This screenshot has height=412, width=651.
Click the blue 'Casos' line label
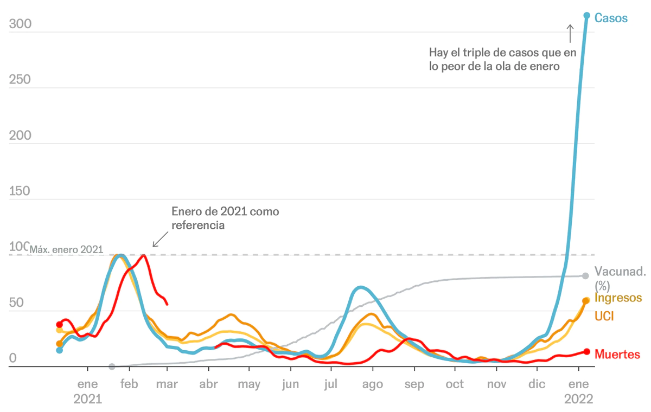(x=611, y=18)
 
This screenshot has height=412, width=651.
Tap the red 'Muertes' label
(x=617, y=355)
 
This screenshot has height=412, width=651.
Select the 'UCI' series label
(x=604, y=316)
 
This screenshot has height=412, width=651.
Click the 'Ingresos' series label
(x=618, y=298)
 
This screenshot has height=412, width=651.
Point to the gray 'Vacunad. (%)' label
(x=620, y=278)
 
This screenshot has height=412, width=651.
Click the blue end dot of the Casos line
(x=586, y=15)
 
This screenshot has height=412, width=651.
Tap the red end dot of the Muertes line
(x=586, y=351)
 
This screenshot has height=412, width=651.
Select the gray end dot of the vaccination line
(x=585, y=276)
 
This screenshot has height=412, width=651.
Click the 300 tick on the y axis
(x=20, y=24)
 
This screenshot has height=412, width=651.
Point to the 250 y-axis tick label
(x=20, y=80)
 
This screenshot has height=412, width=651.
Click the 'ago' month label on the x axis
(x=373, y=384)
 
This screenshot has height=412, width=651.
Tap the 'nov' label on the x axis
(x=496, y=384)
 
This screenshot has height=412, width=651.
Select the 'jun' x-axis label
(x=290, y=384)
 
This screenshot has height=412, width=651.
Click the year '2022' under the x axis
(x=579, y=399)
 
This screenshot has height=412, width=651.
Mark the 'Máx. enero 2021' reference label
(x=66, y=249)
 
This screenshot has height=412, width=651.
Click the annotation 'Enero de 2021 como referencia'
(x=225, y=218)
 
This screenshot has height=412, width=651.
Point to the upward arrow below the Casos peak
(x=570, y=33)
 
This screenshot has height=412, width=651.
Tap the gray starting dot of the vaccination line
(x=112, y=366)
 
